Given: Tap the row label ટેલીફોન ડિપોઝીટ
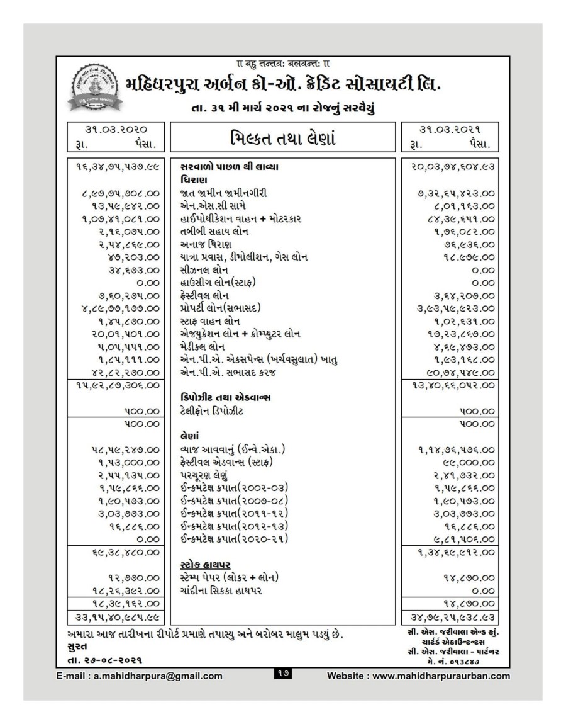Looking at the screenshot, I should [x=211, y=411].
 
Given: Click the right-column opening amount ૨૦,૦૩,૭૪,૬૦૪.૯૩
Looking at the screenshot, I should [x=451, y=167].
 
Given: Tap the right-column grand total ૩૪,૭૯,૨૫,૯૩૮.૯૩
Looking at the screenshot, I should [x=451, y=618].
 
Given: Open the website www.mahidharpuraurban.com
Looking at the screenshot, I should [x=419, y=676].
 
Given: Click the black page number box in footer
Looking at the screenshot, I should [x=281, y=675].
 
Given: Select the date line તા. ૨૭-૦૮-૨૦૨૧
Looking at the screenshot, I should [x=104, y=660].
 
